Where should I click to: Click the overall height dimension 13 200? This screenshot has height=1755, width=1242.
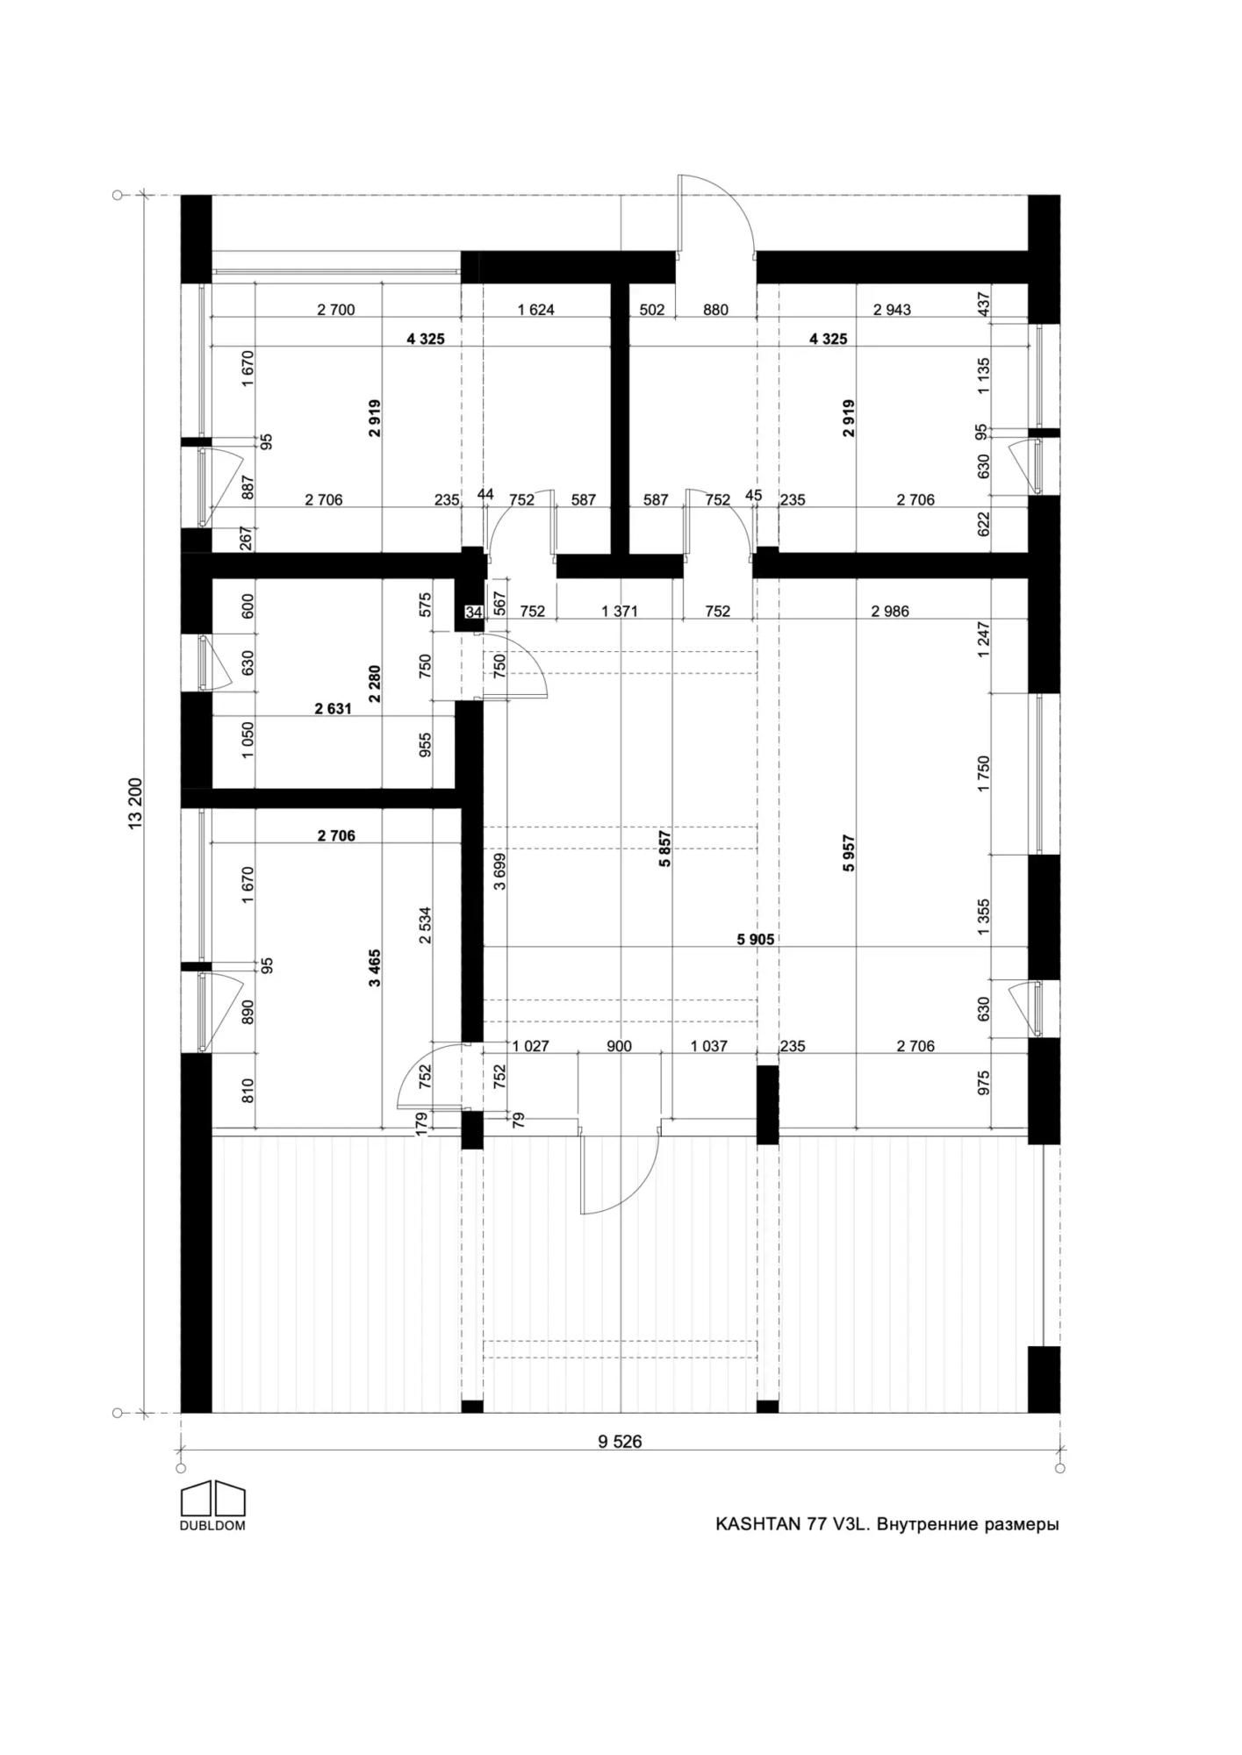(x=134, y=804)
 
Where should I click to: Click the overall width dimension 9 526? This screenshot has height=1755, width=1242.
(x=620, y=1442)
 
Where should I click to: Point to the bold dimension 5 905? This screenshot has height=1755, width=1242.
(x=755, y=940)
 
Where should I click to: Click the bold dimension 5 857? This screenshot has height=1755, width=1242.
(x=665, y=849)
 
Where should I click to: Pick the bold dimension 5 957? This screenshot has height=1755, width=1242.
(x=849, y=853)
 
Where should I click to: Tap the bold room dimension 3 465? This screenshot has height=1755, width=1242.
(x=375, y=968)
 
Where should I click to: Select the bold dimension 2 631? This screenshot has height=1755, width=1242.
(x=334, y=709)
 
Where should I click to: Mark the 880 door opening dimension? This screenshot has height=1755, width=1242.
(x=715, y=310)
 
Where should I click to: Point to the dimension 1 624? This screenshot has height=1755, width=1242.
(x=536, y=310)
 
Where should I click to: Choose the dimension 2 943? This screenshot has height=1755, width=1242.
(x=892, y=310)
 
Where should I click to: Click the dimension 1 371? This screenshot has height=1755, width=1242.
(x=620, y=612)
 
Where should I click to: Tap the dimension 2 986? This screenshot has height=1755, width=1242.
(x=890, y=612)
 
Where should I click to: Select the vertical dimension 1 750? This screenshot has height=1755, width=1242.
(x=983, y=774)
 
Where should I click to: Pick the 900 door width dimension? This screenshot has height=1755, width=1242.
(x=619, y=1046)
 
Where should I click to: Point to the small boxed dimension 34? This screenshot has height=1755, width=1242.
(x=474, y=612)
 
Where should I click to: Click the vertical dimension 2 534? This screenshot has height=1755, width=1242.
(x=426, y=925)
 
